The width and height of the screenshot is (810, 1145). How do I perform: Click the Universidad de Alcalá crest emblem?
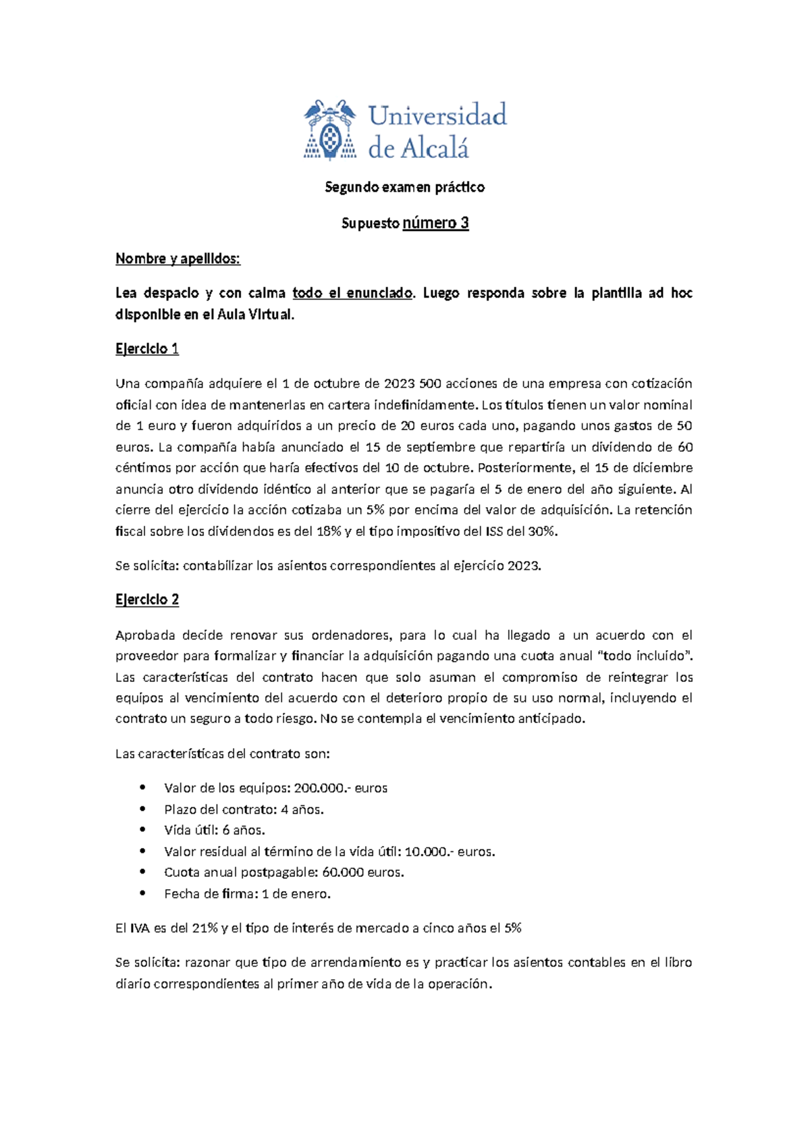click(329, 130)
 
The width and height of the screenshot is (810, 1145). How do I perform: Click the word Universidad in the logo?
click(437, 115)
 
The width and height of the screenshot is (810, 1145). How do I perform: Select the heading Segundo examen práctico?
click(404, 187)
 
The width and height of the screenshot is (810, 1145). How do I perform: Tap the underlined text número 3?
click(435, 223)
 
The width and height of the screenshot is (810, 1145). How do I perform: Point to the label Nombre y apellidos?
click(178, 259)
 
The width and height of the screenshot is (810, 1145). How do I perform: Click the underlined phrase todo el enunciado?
click(352, 293)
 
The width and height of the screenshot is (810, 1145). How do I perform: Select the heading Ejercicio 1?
click(147, 349)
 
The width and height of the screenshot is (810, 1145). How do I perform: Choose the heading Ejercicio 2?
click(147, 600)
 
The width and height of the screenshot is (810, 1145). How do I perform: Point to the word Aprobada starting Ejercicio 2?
click(145, 635)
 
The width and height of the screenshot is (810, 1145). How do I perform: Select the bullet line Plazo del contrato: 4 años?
click(244, 809)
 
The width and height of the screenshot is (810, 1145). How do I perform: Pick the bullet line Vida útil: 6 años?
click(215, 830)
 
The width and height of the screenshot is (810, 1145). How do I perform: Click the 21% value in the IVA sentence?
click(205, 928)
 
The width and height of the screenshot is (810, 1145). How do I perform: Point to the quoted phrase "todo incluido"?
click(645, 656)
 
